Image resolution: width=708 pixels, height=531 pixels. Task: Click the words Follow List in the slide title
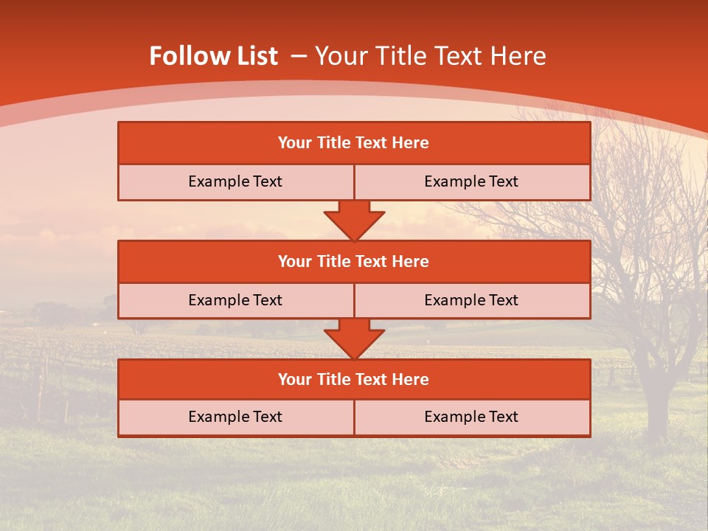click(214, 56)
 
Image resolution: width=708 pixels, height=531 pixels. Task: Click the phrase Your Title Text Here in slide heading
click(431, 56)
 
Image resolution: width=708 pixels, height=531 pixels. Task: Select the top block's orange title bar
click(354, 143)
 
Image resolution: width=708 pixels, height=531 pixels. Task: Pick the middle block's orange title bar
click(354, 261)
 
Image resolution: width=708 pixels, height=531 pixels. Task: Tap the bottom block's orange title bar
click(354, 379)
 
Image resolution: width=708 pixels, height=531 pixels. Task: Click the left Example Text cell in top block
click(235, 181)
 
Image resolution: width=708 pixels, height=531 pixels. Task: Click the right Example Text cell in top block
click(471, 181)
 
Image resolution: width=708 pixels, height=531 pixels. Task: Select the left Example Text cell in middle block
click(235, 300)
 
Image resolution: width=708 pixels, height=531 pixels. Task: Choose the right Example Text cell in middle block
click(471, 300)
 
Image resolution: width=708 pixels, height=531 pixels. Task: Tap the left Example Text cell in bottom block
click(235, 417)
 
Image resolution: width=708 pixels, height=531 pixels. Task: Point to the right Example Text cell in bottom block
click(471, 417)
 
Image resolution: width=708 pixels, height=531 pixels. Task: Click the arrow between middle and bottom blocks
click(354, 339)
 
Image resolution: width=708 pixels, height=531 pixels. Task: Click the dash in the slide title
click(299, 56)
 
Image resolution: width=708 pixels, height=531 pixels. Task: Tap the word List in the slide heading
click(255, 56)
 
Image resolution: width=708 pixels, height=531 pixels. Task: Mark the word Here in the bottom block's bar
click(410, 379)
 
